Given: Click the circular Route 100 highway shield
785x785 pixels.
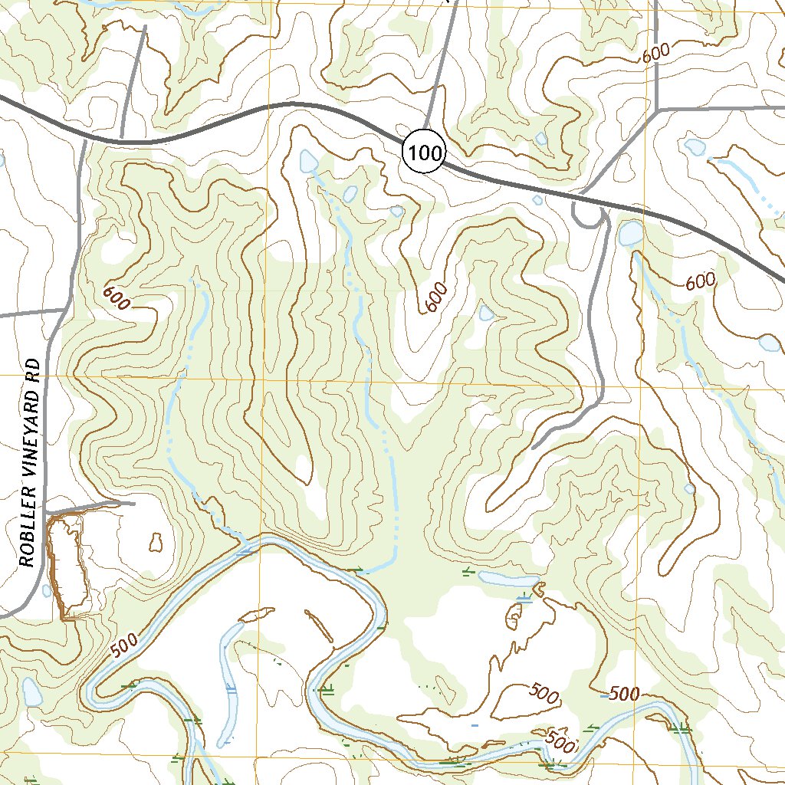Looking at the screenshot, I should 423,153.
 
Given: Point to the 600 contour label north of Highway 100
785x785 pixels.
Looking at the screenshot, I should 656,54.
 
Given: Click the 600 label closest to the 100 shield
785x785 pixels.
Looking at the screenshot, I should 435,297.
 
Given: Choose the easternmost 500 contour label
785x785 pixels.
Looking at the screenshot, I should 625,695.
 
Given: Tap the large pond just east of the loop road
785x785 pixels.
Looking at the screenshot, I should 631,233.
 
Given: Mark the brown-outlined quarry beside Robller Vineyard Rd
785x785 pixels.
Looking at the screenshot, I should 64,567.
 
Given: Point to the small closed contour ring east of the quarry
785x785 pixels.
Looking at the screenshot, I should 156,543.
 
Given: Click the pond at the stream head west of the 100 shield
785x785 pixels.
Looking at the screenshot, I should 308,161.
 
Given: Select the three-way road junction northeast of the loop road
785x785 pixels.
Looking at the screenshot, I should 658,110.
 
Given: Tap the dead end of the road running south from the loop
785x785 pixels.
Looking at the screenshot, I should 534,445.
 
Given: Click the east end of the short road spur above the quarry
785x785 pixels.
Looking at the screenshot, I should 134,504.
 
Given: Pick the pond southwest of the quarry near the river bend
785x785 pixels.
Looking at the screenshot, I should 31,692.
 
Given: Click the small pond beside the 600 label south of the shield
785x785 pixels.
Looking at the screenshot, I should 486,312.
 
